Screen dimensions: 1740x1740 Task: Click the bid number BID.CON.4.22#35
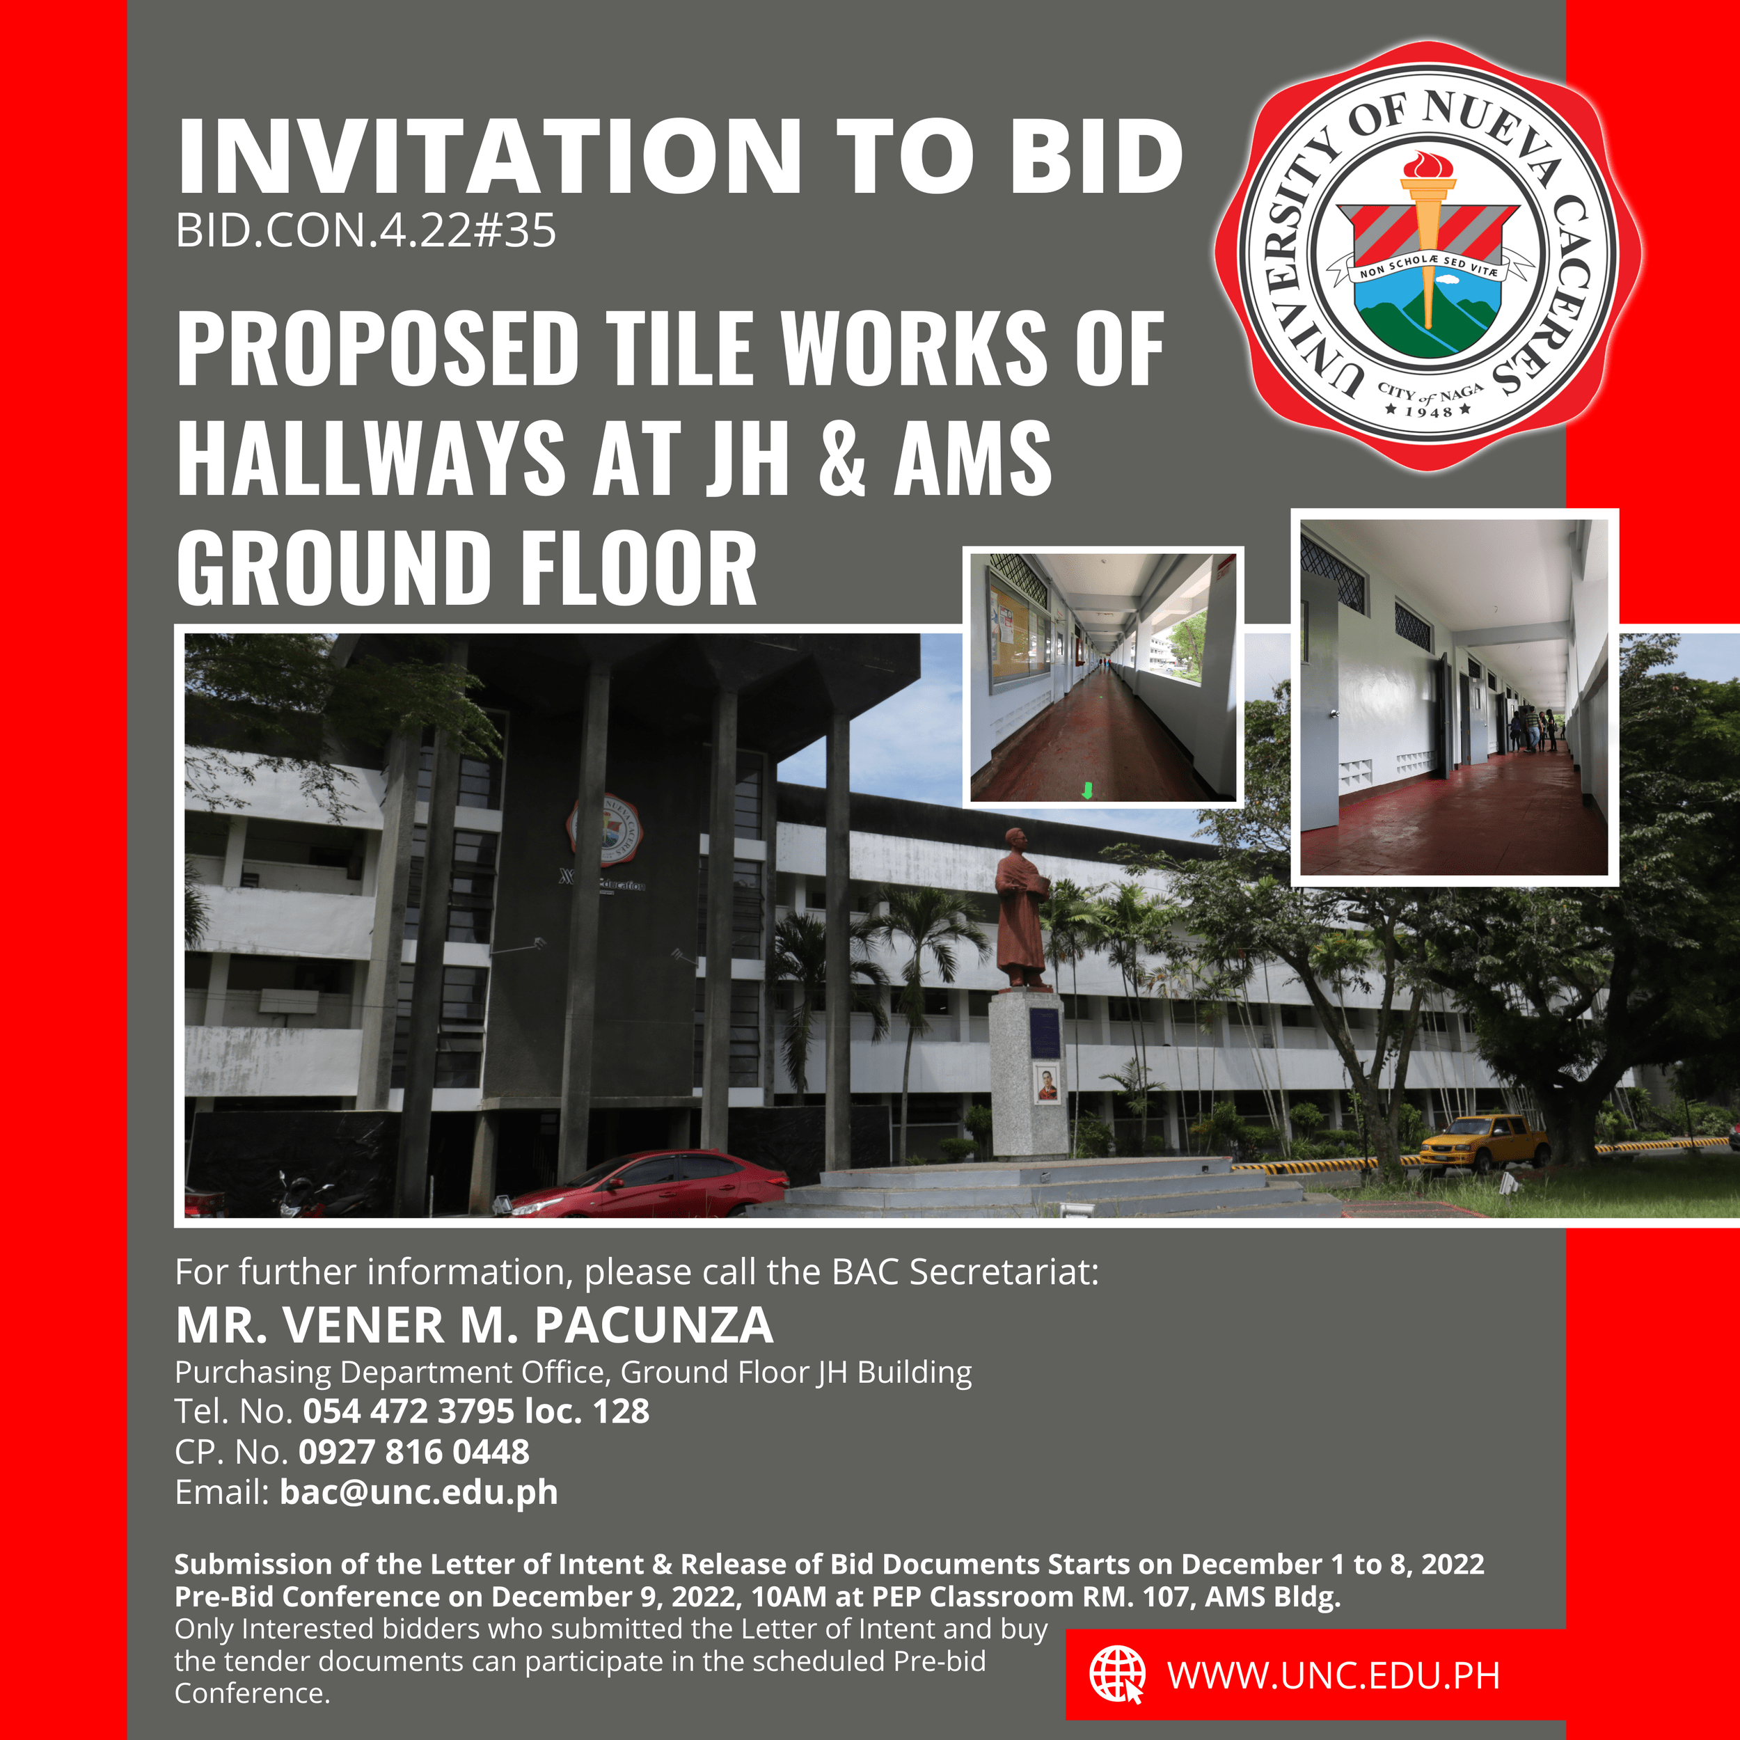(x=365, y=230)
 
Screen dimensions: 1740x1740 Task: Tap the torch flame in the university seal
(x=1428, y=165)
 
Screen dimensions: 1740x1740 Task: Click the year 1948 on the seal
(x=1430, y=411)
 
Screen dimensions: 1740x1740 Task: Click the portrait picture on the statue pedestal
(x=1047, y=1084)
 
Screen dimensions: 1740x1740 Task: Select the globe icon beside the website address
(x=1117, y=1675)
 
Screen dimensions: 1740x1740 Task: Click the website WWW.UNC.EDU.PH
(x=1333, y=1676)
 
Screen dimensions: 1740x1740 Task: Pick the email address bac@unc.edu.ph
(x=419, y=1492)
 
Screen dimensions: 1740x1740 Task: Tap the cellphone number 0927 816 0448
(x=414, y=1452)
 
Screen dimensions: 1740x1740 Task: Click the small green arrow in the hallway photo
(x=1087, y=790)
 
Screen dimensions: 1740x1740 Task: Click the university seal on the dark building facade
(x=604, y=828)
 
